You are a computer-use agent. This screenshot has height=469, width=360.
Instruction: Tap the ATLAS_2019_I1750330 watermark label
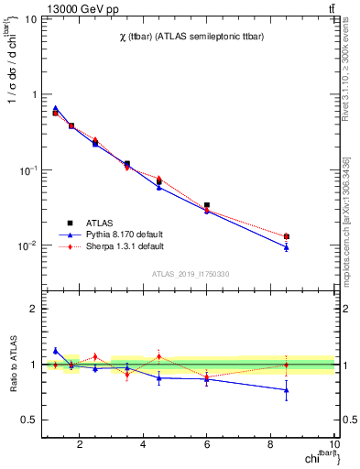tap(191, 274)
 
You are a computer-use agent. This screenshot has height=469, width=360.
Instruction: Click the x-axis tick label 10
tap(334, 446)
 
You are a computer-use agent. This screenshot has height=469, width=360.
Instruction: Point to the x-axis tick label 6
tap(207, 446)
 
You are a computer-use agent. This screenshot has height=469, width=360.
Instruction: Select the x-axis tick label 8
tap(271, 446)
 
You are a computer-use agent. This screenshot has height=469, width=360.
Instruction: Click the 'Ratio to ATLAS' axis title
tap(15, 364)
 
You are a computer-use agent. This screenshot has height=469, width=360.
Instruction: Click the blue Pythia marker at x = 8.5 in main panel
tap(287, 246)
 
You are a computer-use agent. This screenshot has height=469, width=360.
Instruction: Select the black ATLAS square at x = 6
tap(207, 205)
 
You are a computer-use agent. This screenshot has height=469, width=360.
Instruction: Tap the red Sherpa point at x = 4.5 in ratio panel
tap(159, 356)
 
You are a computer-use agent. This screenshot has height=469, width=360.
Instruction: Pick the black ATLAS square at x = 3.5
tap(126, 164)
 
